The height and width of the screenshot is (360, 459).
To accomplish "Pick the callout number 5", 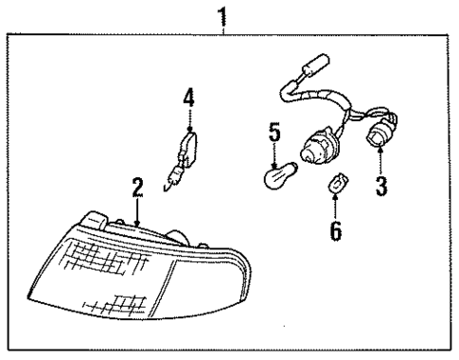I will point(274,132).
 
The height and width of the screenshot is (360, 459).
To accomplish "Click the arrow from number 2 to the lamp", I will point(137,210).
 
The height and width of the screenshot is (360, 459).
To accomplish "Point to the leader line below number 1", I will point(223,30).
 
